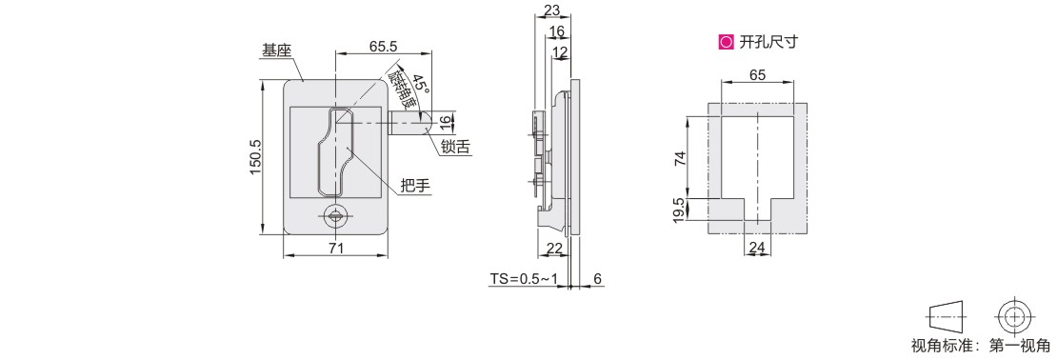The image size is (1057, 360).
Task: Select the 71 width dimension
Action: (x=336, y=248)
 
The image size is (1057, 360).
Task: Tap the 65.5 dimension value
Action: (x=384, y=46)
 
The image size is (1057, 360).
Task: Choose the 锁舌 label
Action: (x=455, y=147)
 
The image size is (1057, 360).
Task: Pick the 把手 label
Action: (x=415, y=186)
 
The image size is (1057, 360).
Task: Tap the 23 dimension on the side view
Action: (x=551, y=10)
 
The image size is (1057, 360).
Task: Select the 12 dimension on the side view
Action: (x=560, y=52)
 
